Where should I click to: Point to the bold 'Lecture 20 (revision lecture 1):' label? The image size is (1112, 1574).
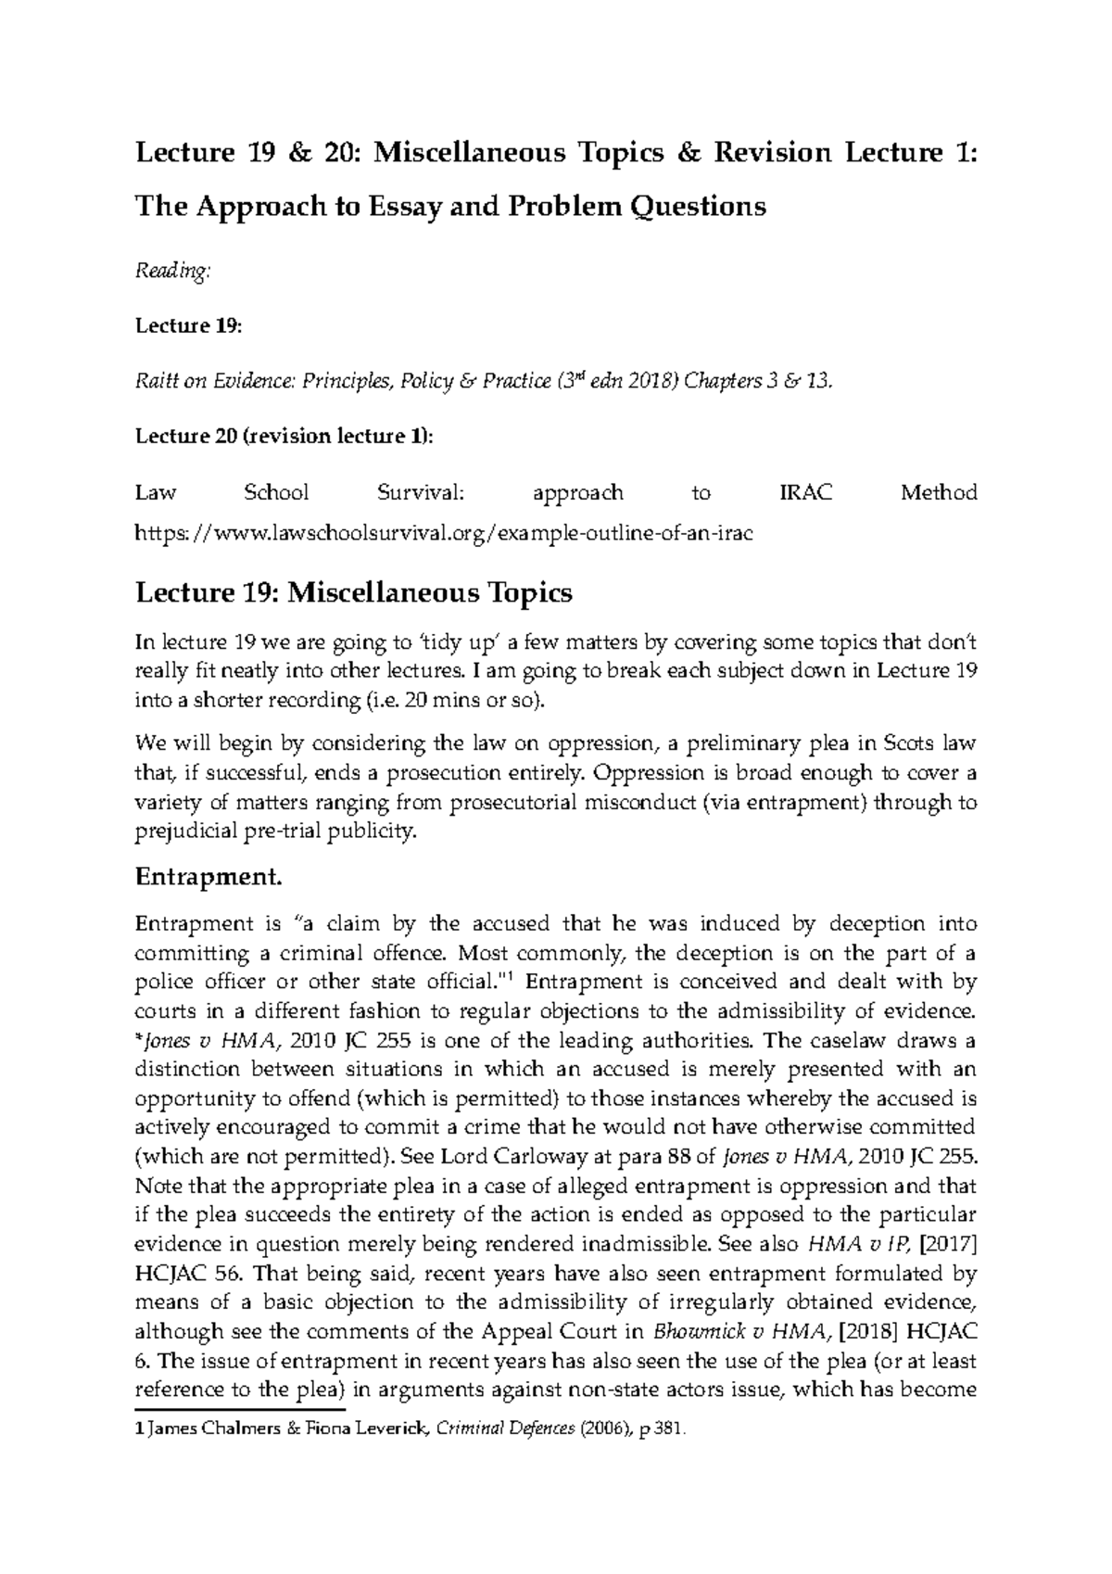(284, 436)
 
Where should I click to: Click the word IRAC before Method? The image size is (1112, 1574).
(805, 492)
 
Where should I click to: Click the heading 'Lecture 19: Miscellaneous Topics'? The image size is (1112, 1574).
(354, 592)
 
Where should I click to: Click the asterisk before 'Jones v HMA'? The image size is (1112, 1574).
(139, 1038)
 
